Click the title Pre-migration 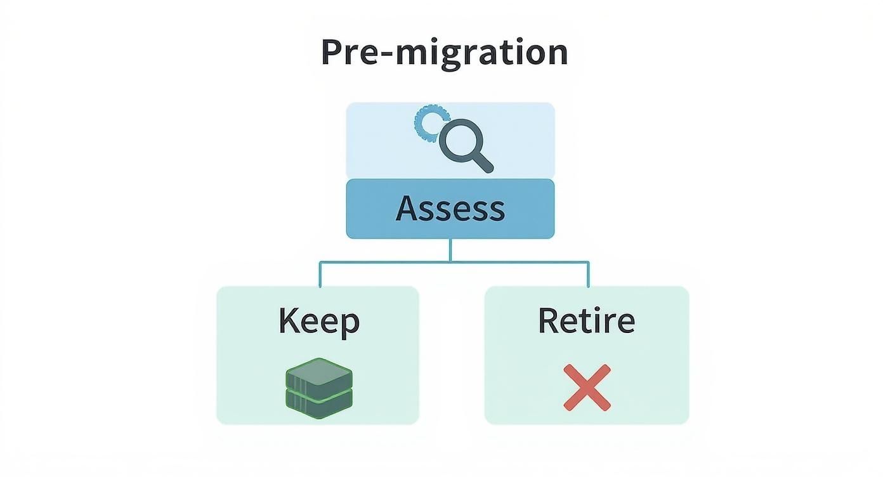[444, 53]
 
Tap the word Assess [450, 209]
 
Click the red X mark [587, 388]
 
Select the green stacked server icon [318, 388]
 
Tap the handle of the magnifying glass [483, 162]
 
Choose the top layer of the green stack [318, 374]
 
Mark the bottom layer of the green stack [318, 402]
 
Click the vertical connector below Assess [450, 250]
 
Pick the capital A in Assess [407, 209]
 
